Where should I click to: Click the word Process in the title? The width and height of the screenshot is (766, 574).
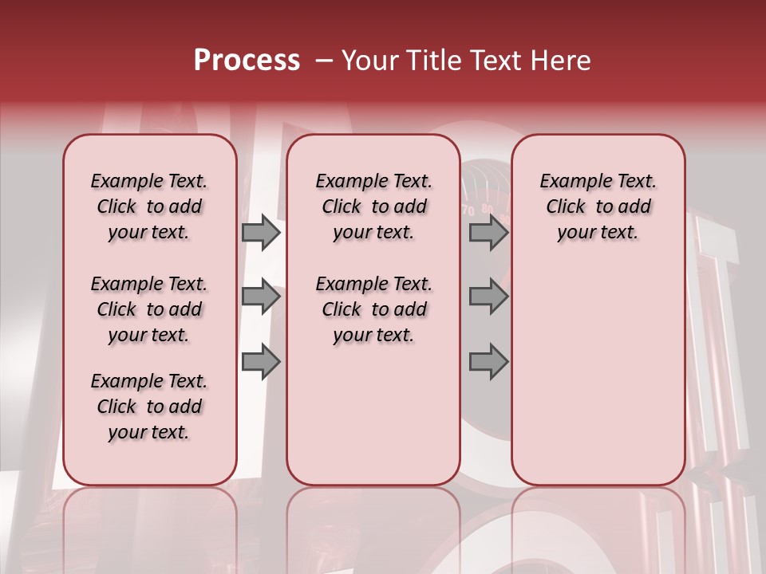(x=247, y=61)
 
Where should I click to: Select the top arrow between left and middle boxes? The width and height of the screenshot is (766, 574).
(x=261, y=232)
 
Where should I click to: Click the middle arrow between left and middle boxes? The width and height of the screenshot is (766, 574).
(x=261, y=297)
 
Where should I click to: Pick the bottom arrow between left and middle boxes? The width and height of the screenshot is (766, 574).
(x=261, y=362)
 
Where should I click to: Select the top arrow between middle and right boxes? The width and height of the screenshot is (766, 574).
(x=488, y=232)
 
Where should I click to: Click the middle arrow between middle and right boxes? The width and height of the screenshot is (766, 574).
(x=488, y=297)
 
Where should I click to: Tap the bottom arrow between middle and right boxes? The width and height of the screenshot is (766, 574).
(x=488, y=362)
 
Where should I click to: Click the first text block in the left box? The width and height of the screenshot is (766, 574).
(x=149, y=206)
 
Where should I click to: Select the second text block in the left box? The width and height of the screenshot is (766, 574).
(x=149, y=309)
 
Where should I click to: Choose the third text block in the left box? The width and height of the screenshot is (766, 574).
(x=149, y=407)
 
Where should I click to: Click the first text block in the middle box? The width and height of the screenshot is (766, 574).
(x=373, y=206)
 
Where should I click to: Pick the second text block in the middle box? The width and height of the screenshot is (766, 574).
(x=373, y=309)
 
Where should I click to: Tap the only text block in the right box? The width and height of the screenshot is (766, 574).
(x=598, y=206)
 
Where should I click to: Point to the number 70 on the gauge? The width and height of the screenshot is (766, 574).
(x=468, y=211)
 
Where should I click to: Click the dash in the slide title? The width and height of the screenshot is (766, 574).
(x=324, y=61)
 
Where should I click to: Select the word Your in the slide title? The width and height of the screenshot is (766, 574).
(x=368, y=61)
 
